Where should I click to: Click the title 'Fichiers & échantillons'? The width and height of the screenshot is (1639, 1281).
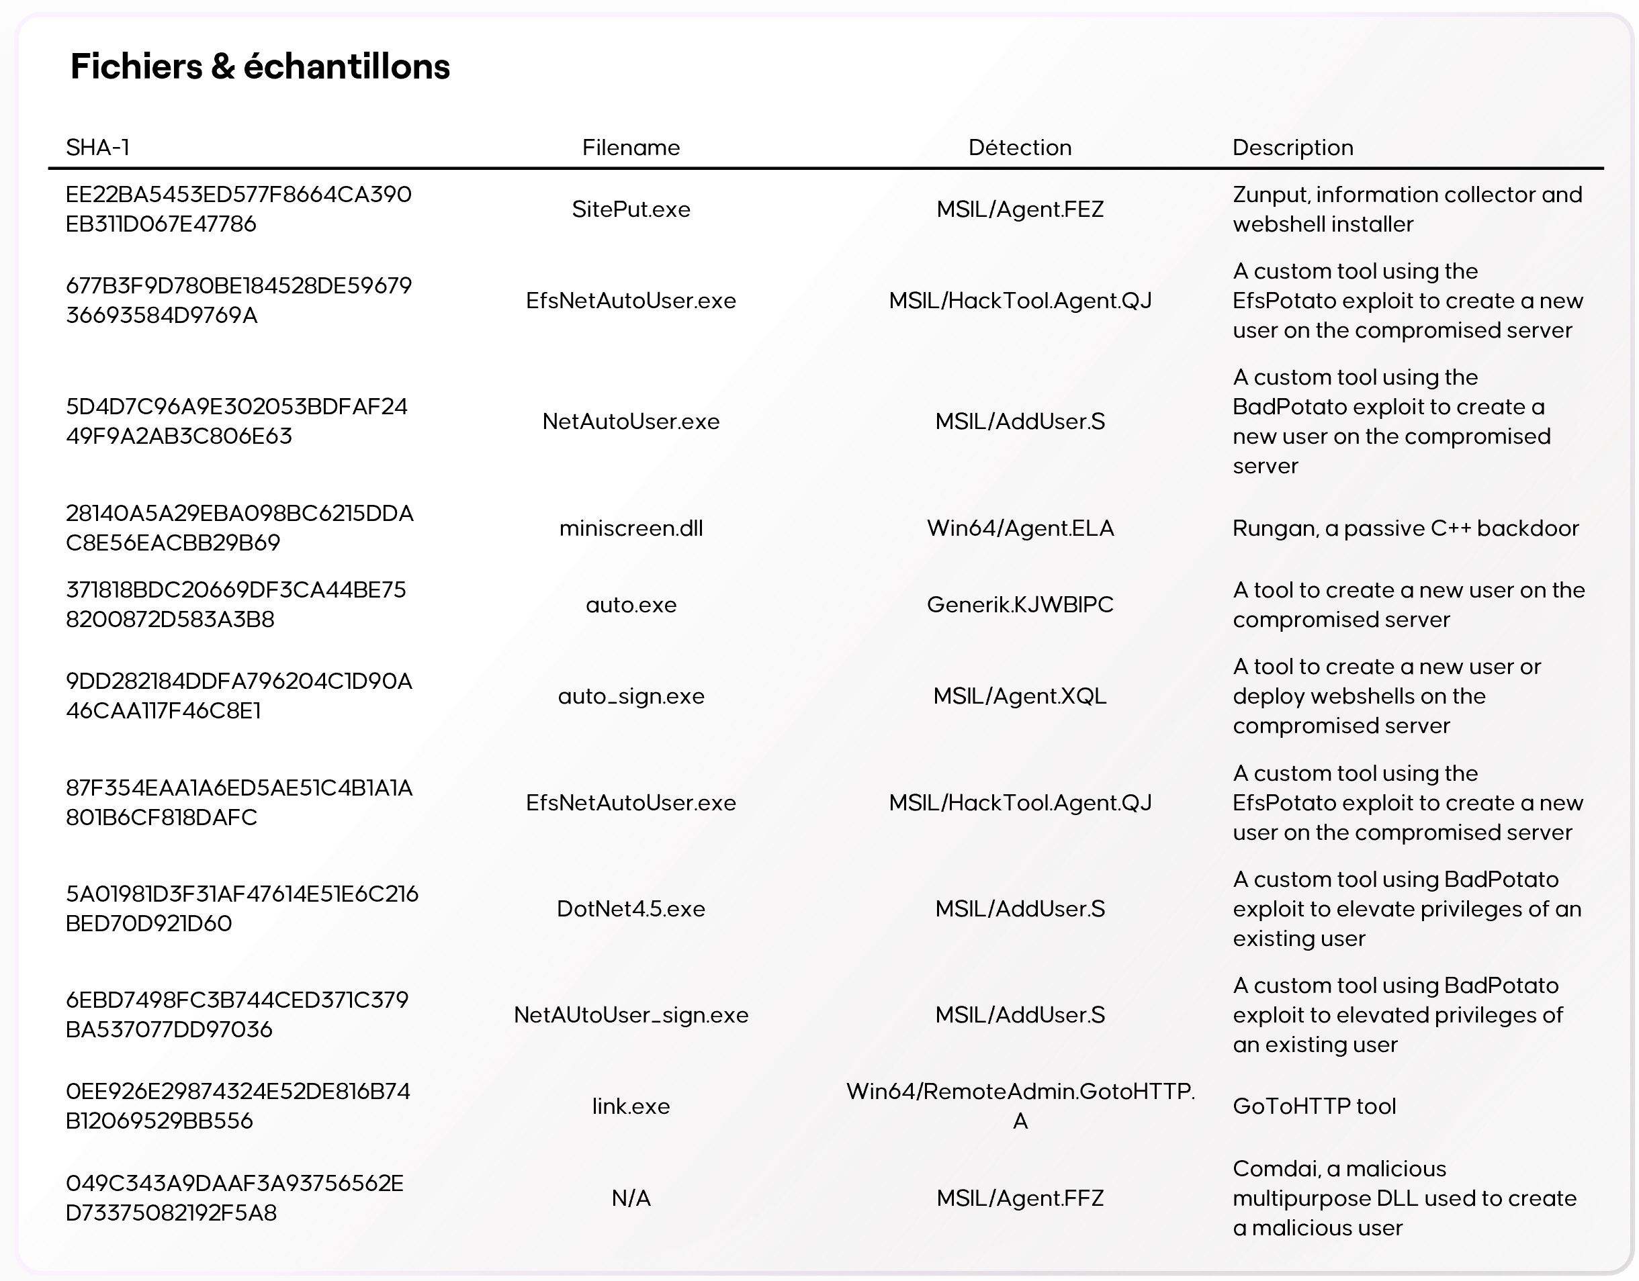[x=260, y=66]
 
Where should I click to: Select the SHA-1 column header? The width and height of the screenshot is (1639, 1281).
[x=97, y=147]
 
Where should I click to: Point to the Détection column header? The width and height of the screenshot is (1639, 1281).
[x=1020, y=147]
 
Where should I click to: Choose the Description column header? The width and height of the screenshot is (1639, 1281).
[x=1292, y=147]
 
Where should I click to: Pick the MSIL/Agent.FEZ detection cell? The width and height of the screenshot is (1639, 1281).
[x=1020, y=209]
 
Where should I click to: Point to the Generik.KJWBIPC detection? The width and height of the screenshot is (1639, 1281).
[x=1020, y=605]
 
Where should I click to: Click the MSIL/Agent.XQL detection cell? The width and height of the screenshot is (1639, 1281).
[x=1020, y=697]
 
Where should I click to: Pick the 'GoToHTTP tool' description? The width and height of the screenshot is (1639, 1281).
[x=1314, y=1106]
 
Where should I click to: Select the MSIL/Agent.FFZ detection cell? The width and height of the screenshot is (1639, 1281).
[x=1020, y=1198]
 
